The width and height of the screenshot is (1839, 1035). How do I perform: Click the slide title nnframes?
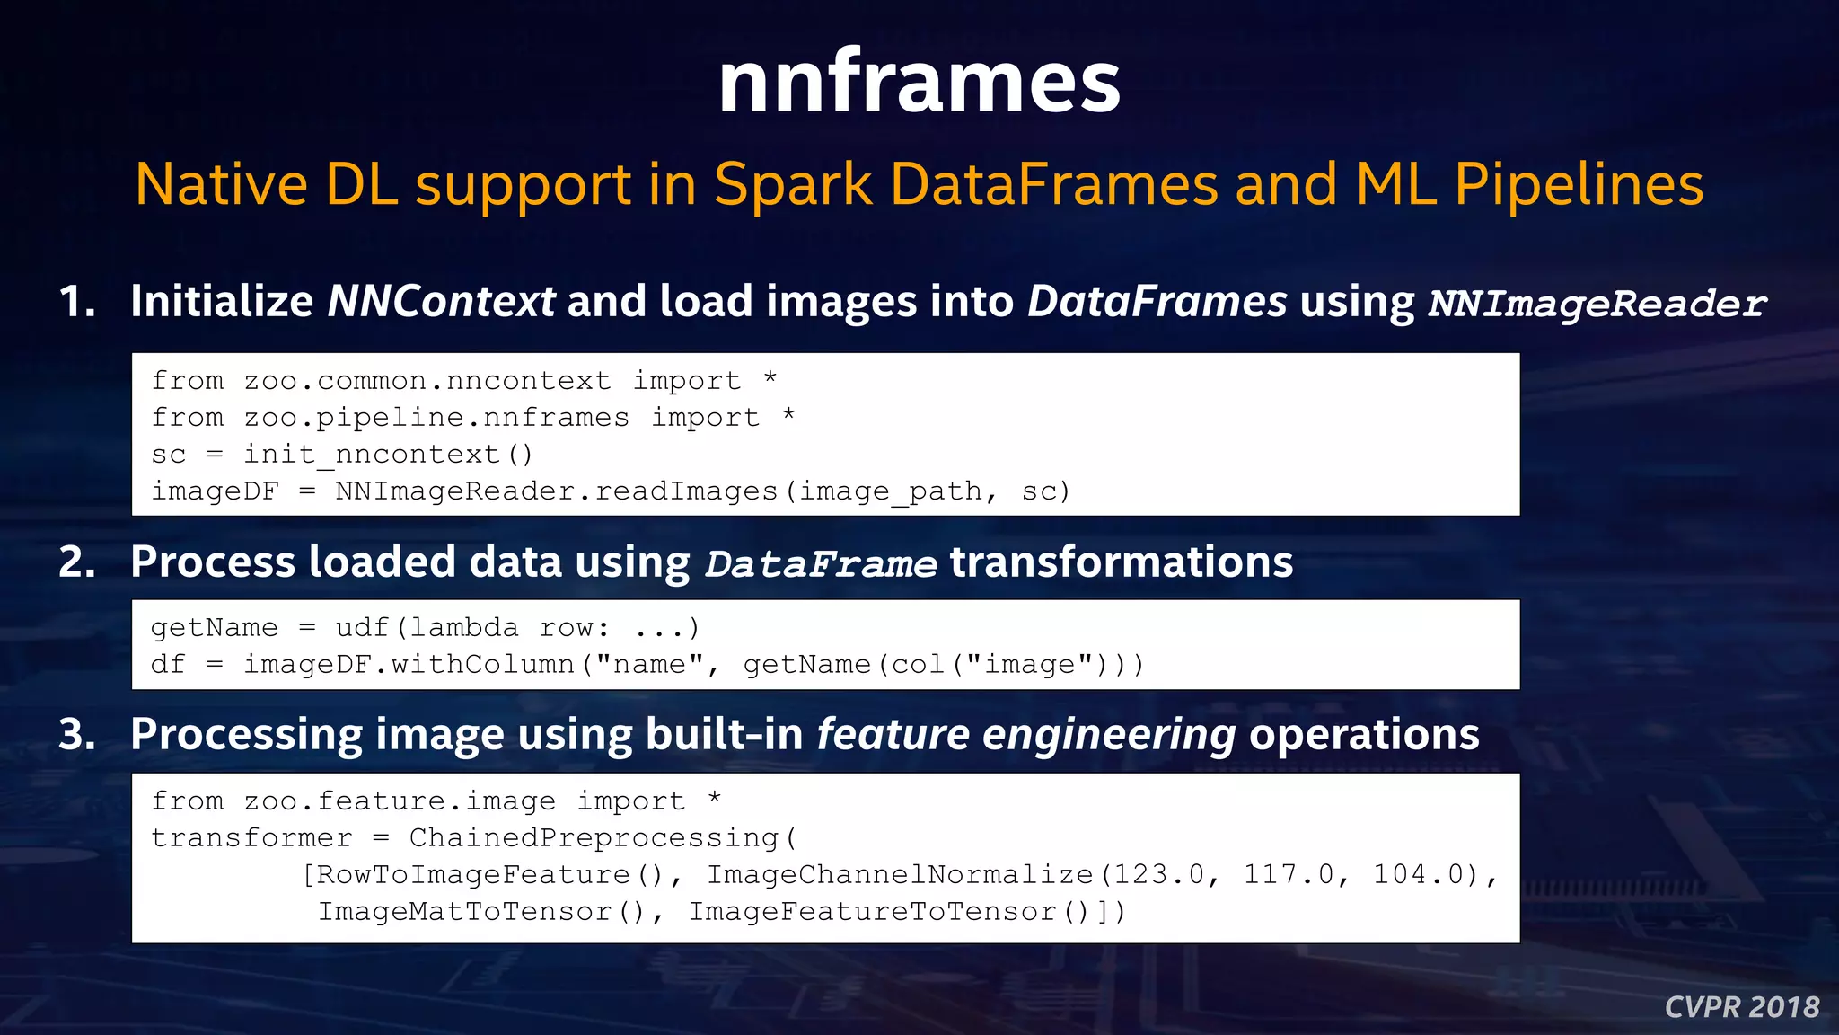[919, 83]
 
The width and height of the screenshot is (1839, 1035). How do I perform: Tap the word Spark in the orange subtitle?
[793, 185]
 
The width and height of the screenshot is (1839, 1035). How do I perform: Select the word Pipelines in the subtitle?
[1579, 185]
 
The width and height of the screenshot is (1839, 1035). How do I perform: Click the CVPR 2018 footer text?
[1742, 1007]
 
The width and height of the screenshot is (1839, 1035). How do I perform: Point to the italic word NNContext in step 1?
[441, 302]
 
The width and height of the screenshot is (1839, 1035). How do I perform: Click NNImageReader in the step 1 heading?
[1597, 304]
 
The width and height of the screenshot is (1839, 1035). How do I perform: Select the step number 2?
[76, 562]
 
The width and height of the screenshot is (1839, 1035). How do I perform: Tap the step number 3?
[76, 735]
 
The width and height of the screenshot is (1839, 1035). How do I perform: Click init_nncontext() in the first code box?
[389, 455]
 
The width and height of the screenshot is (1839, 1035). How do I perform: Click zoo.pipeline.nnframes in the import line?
[436, 418]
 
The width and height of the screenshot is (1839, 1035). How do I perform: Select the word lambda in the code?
[464, 627]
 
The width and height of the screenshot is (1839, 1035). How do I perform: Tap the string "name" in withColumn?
[649, 664]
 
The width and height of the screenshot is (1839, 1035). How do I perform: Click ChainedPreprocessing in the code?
[594, 837]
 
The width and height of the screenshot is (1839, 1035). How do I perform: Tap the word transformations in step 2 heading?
[1122, 562]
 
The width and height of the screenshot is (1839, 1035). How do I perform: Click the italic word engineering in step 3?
[1109, 735]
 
